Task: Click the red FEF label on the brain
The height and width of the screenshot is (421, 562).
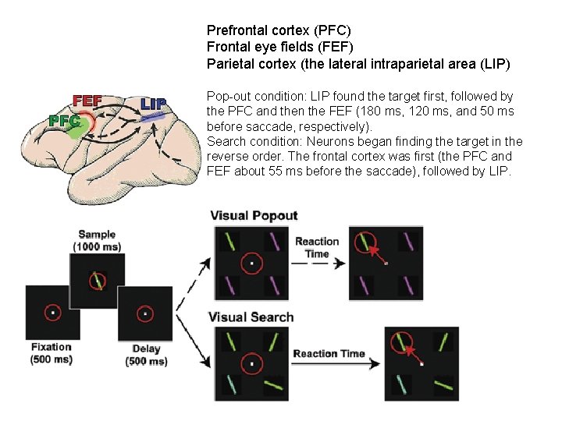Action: coord(87,101)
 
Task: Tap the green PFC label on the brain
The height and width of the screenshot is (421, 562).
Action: coord(64,121)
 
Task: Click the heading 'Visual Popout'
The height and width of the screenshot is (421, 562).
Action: coord(254,216)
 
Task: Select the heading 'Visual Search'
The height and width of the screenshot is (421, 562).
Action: coord(251,317)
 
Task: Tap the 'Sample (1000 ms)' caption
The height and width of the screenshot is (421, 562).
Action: coord(97,240)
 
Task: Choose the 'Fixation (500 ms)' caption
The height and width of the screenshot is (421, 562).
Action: coord(52,353)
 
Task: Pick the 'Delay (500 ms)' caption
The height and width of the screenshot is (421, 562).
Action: coord(146,355)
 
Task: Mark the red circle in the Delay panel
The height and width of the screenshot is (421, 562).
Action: coord(145,313)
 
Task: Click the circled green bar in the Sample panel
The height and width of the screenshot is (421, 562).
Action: coord(96,280)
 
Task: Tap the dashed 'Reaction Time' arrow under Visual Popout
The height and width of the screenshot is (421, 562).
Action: coord(318,264)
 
